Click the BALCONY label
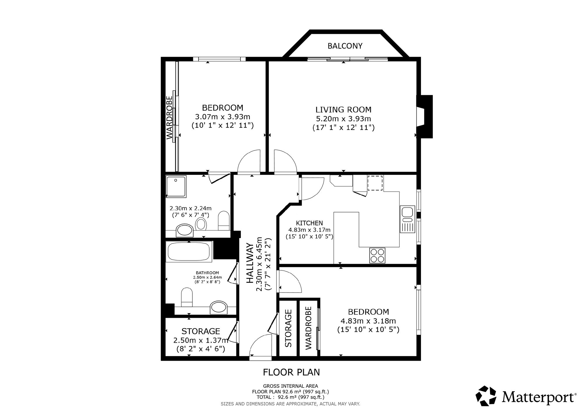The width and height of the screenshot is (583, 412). click(345, 46)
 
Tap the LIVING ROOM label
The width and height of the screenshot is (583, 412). click(343, 110)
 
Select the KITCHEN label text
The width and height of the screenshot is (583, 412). click(309, 223)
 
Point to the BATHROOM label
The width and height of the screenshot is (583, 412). click(207, 273)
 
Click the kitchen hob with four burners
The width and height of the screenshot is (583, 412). click(377, 255)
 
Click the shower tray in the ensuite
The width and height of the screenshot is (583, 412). click(176, 186)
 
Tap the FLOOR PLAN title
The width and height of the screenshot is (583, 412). click(291, 372)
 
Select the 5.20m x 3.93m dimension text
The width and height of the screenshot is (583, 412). click(343, 119)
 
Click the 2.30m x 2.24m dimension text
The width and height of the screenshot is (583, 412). click(191, 208)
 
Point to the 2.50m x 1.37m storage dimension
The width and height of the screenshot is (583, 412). click(201, 340)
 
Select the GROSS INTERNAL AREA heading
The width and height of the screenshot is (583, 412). click(290, 386)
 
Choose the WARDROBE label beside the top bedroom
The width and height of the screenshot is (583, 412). click(169, 118)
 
